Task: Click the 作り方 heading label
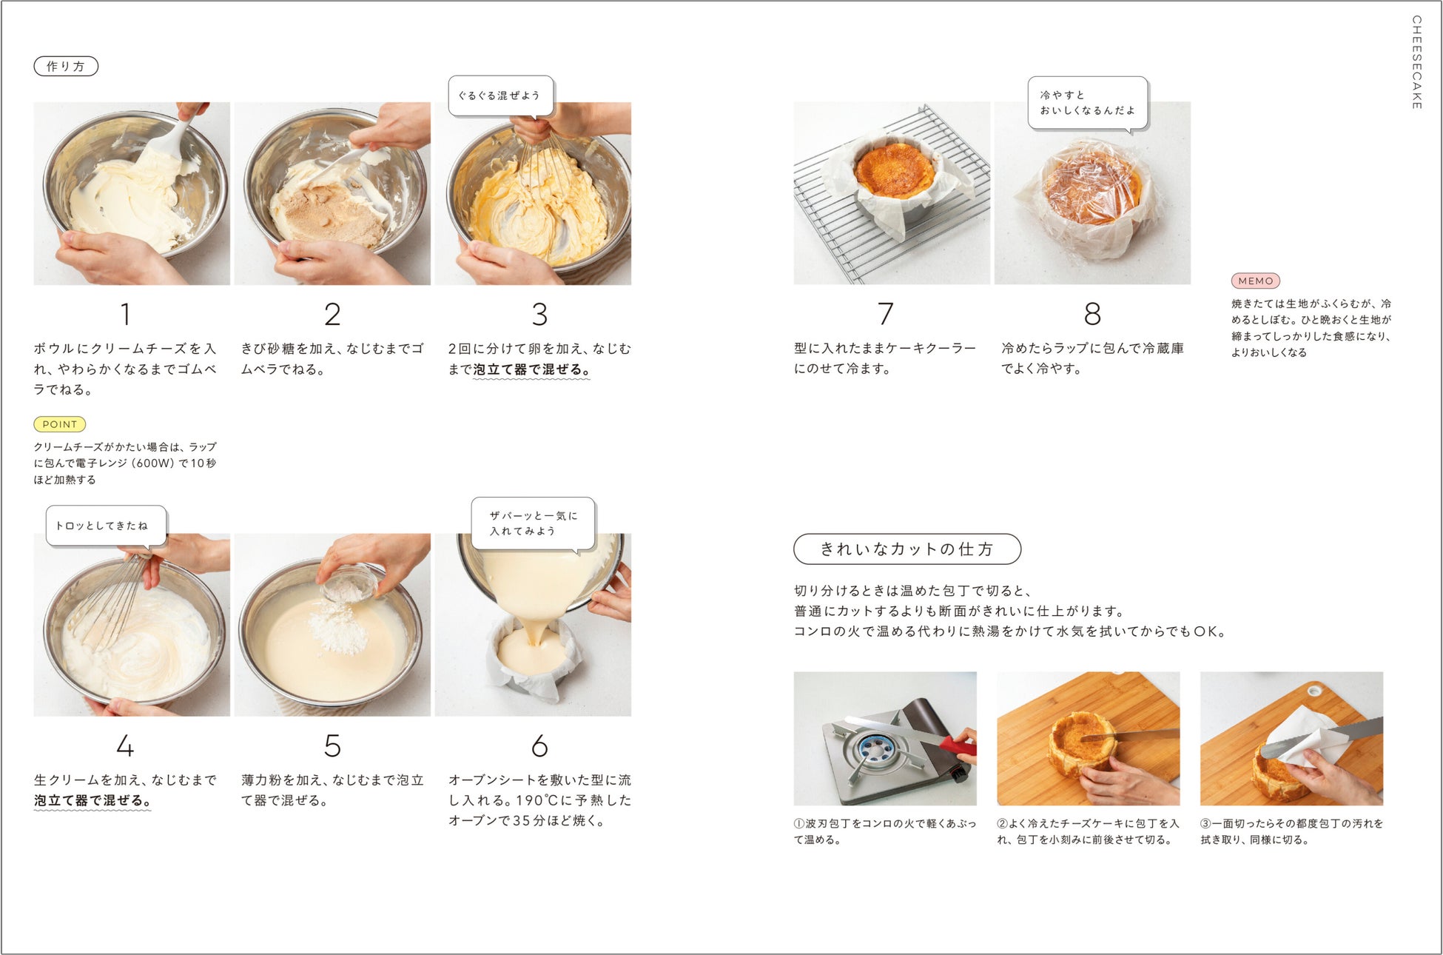[66, 67]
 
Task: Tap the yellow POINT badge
[60, 424]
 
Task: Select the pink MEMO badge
[1255, 281]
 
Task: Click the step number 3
[539, 315]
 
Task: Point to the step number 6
[539, 745]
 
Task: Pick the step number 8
[1092, 314]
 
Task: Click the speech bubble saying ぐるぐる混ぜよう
[501, 95]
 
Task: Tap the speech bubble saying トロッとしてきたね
[106, 526]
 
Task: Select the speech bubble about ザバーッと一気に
[533, 523]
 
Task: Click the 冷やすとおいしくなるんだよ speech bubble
[1088, 103]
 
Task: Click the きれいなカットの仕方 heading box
[907, 549]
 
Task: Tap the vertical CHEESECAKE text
[1416, 62]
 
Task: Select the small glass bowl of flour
[347, 584]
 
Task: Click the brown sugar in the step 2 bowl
[326, 214]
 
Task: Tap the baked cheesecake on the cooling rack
[892, 170]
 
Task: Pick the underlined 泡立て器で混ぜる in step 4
[92, 801]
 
